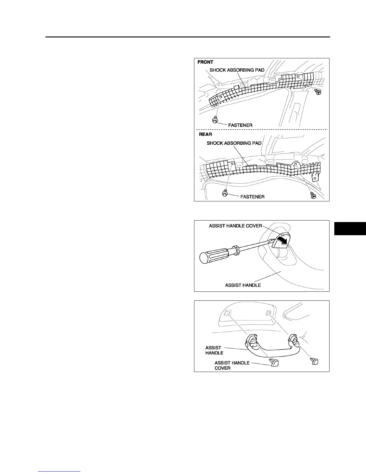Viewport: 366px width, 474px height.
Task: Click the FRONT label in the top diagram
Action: [205, 62]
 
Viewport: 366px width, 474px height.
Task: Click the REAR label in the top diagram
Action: [205, 134]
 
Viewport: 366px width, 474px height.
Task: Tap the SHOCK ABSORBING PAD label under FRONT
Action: [237, 70]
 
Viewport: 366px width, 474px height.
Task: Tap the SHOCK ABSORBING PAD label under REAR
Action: [234, 143]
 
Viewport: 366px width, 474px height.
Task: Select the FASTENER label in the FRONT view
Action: [240, 125]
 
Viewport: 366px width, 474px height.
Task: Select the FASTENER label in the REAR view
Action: [252, 197]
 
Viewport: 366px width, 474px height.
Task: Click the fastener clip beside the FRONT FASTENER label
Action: [214, 121]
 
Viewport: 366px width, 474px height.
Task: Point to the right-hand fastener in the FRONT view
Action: [318, 92]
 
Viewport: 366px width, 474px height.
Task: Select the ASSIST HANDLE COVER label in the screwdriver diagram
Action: [235, 226]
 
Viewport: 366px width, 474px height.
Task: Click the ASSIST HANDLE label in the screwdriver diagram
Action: [243, 285]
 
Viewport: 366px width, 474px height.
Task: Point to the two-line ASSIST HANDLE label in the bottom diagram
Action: [214, 350]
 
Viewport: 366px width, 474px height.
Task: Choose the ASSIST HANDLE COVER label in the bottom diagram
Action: [232, 365]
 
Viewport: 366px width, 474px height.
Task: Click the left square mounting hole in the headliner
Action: [228, 313]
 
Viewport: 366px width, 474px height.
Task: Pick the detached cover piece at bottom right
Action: [314, 361]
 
